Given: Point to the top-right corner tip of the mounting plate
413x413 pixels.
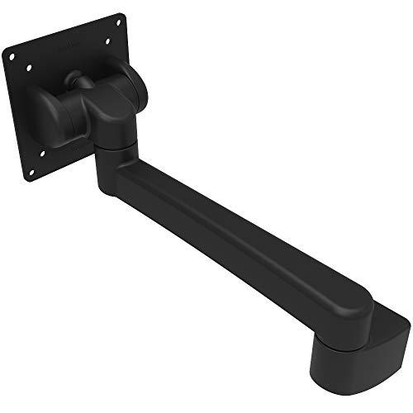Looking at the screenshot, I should [x=124, y=14].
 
